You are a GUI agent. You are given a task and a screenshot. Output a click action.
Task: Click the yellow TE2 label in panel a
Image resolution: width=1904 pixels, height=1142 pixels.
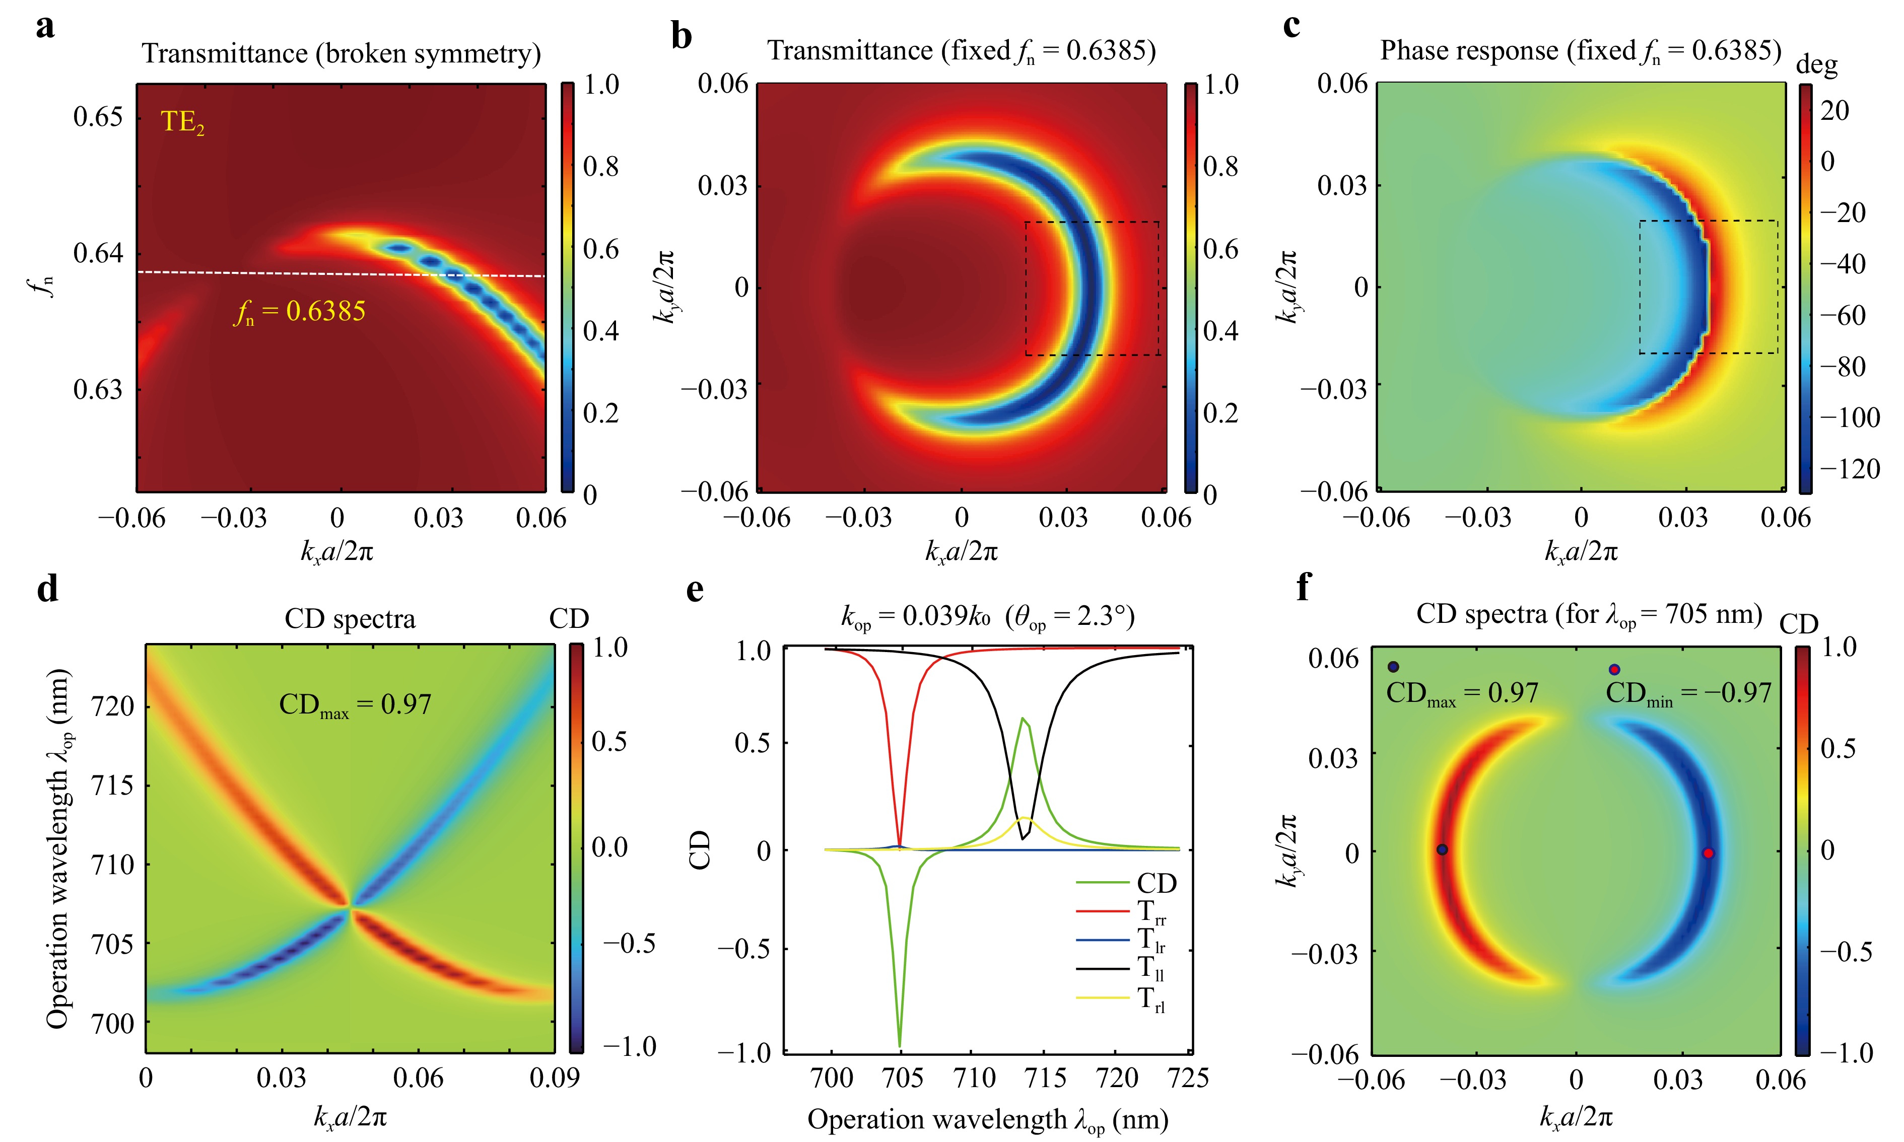(x=182, y=122)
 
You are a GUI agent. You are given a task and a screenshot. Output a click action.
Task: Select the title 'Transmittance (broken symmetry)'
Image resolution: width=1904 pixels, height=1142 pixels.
(x=341, y=54)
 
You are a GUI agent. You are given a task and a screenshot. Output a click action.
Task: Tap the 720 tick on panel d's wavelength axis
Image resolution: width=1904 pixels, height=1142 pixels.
(x=112, y=705)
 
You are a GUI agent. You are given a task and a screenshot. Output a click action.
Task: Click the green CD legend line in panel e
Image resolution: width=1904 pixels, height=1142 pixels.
(x=1102, y=883)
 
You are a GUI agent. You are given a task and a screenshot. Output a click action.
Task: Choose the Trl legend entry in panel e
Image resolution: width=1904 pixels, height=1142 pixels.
(x=1151, y=1000)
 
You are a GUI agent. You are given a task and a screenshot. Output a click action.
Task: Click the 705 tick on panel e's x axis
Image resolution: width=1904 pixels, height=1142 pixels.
(x=902, y=1078)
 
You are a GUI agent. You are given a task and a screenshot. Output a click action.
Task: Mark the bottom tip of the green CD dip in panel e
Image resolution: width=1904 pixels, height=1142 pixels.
(x=900, y=1046)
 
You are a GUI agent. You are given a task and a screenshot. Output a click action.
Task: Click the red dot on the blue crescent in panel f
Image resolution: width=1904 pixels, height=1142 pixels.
(x=1708, y=852)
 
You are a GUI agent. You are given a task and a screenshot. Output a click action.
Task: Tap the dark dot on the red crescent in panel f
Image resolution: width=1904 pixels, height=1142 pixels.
(x=1442, y=849)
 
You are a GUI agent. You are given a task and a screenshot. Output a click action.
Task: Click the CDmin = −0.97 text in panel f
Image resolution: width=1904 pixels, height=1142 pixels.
(x=1688, y=693)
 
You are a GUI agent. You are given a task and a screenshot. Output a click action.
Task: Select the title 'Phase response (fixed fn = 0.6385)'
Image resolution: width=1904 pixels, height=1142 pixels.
(x=1580, y=51)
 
